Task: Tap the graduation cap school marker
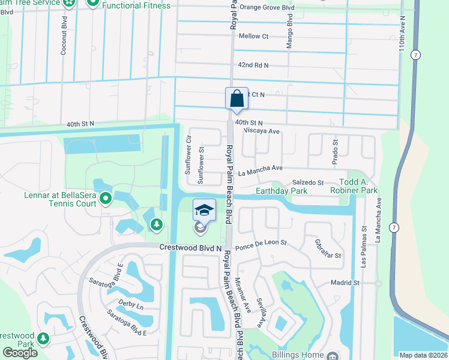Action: pyautogui.click(x=204, y=211)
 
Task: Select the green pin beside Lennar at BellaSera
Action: pyautogui.click(x=106, y=197)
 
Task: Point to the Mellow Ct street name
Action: pyautogui.click(x=253, y=36)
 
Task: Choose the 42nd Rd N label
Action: pyautogui.click(x=253, y=65)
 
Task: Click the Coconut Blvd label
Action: pyautogui.click(x=63, y=39)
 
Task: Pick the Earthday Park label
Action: pyautogui.click(x=282, y=191)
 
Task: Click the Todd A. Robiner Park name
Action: pyautogui.click(x=350, y=186)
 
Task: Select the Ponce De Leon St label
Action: pyautogui.click(x=261, y=245)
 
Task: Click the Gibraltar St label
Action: pyautogui.click(x=328, y=250)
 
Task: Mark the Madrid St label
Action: pyautogui.click(x=345, y=283)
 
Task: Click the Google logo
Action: pyautogui.click(x=20, y=353)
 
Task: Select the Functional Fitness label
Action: pyautogui.click(x=136, y=5)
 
